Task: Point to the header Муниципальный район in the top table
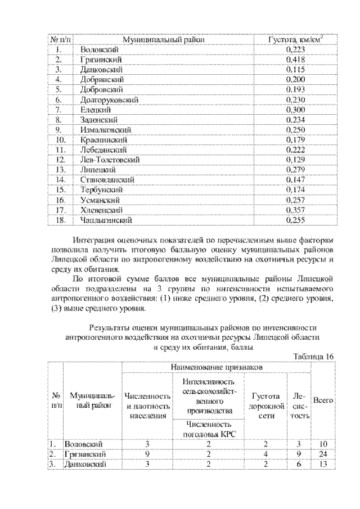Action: tap(163, 39)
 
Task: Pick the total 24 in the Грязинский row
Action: tap(323, 454)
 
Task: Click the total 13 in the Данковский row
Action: tap(323, 464)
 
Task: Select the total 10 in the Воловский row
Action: tap(323, 444)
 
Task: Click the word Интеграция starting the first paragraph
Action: tap(94, 239)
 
